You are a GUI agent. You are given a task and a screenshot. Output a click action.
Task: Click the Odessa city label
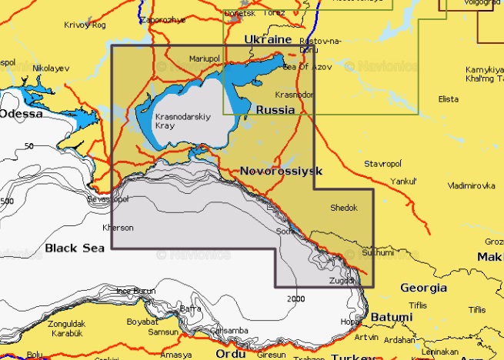click(22, 113)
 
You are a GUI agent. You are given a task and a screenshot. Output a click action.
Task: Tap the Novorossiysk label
click(281, 170)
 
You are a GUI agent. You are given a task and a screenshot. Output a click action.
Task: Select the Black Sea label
click(74, 247)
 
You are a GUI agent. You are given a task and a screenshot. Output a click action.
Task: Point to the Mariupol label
click(205, 58)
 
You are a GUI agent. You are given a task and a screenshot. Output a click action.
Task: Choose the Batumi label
click(391, 316)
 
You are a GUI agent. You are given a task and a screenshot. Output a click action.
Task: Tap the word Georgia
click(423, 288)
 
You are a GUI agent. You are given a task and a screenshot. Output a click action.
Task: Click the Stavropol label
click(383, 164)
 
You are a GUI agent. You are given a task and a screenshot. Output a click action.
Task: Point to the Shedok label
click(343, 208)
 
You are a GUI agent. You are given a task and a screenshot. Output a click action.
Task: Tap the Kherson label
click(118, 228)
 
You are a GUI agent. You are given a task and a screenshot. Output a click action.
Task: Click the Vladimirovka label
click(471, 185)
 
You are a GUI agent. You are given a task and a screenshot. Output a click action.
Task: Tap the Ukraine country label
click(267, 38)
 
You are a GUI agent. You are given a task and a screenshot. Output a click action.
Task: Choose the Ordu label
click(230, 354)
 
